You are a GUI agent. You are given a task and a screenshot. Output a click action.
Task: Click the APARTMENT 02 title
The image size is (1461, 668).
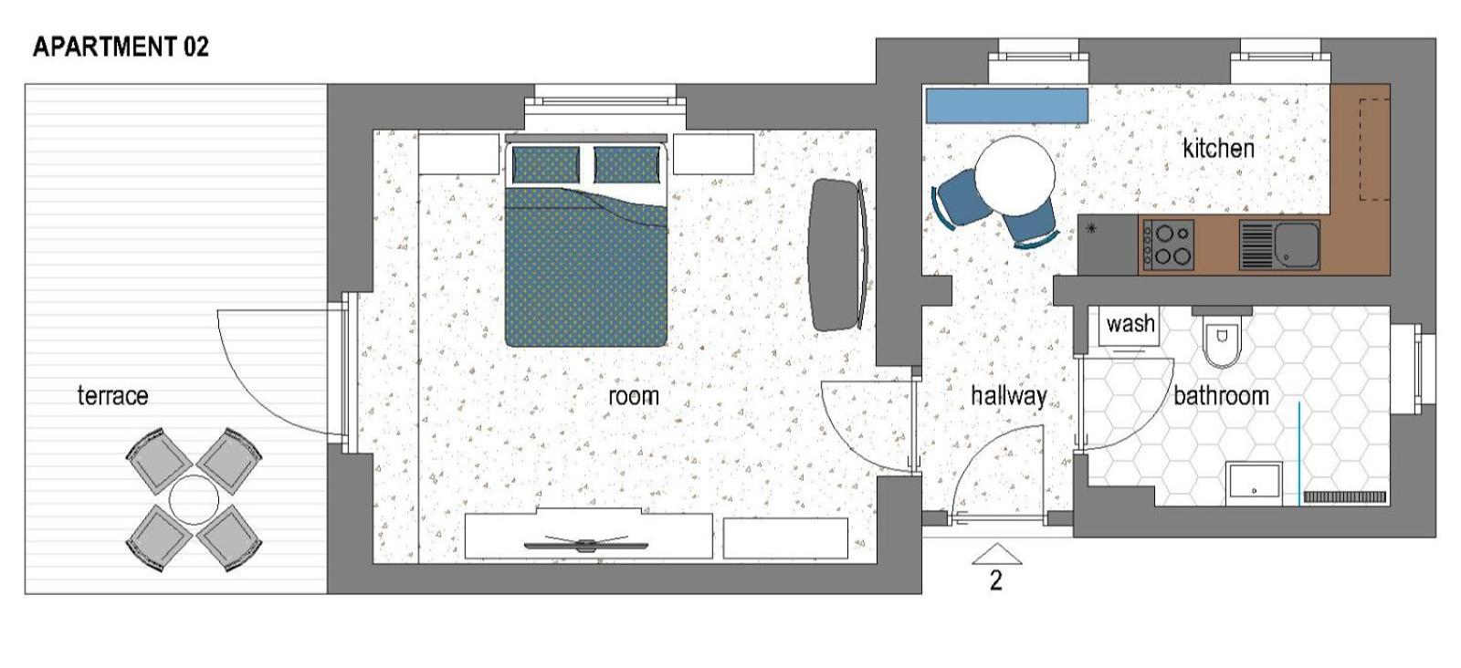[121, 47]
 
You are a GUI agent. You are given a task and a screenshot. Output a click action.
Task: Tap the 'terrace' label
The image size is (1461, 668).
[112, 395]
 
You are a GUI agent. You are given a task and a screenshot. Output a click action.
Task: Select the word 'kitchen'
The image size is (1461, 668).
[1218, 149]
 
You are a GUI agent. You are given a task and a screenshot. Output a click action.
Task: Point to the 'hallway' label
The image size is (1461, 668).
[1008, 396]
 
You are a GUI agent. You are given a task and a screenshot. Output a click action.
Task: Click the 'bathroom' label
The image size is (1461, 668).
[1220, 395]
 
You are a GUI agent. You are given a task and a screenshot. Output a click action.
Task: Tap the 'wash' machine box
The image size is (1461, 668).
[1130, 325]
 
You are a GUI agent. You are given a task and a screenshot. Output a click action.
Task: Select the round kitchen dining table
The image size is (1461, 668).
[1014, 176]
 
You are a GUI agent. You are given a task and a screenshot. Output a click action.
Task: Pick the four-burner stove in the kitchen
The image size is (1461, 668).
[1168, 245]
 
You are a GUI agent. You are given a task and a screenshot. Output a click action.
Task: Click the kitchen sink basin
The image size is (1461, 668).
[1297, 245]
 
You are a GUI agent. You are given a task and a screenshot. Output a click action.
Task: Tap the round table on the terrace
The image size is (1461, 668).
[193, 500]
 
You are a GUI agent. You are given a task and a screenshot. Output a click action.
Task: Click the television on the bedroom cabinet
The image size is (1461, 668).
[585, 544]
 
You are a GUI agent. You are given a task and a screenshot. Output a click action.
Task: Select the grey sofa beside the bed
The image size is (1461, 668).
[838, 255]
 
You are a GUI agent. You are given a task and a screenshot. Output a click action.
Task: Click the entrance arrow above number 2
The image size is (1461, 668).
[996, 555]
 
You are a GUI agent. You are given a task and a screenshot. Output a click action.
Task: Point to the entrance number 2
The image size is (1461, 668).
[996, 580]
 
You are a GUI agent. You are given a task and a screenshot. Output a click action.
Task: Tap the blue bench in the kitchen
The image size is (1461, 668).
[1007, 105]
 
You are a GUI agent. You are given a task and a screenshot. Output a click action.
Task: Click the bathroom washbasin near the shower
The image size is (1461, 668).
[1254, 484]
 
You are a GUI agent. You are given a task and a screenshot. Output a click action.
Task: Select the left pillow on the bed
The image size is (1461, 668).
[545, 164]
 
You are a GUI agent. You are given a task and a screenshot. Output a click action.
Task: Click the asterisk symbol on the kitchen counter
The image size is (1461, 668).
[1091, 228]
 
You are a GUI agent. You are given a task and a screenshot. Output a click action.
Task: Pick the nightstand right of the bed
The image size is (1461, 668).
[713, 154]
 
